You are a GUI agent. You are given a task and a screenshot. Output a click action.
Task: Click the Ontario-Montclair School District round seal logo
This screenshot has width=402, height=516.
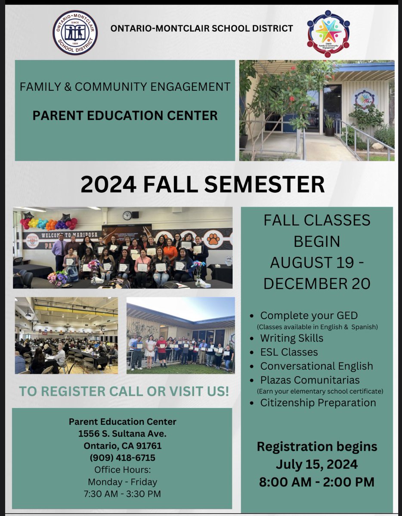[75, 32]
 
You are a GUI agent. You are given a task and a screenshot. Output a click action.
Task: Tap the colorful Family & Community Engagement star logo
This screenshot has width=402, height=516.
[328, 33]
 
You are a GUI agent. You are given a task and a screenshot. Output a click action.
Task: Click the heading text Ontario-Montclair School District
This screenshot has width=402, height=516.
[201, 28]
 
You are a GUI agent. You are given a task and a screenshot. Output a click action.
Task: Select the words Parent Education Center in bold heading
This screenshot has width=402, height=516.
[125, 115]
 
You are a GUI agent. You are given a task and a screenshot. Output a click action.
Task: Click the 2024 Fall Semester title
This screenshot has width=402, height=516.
[202, 184]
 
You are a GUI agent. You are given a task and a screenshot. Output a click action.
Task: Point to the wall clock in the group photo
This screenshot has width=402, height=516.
[127, 215]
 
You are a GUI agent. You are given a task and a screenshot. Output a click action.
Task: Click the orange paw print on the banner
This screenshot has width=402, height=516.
[213, 238]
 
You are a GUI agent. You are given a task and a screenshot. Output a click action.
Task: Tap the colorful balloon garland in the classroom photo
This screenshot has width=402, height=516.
[49, 223]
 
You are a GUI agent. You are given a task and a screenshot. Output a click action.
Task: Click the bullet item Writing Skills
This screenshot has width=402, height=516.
[291, 338]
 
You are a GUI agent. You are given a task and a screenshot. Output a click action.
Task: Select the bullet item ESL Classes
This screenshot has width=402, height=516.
[289, 352]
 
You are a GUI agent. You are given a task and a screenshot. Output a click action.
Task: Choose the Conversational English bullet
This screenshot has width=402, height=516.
[316, 366]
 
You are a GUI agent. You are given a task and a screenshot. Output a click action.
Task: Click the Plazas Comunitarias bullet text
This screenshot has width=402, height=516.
[309, 380]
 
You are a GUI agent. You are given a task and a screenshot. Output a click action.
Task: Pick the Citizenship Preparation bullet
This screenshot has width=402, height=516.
[318, 402]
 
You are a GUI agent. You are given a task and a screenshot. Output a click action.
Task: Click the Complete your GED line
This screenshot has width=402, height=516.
[309, 315]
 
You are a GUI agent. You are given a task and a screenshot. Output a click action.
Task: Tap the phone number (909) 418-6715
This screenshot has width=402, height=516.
[122, 458]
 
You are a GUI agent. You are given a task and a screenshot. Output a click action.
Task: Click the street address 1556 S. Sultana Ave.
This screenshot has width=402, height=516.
[122, 433]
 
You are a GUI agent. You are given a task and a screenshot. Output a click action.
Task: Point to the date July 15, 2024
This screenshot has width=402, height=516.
[316, 464]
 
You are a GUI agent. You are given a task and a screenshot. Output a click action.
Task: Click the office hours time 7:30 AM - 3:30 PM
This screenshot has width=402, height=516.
[122, 494]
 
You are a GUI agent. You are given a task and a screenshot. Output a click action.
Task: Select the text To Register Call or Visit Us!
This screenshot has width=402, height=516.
[123, 392]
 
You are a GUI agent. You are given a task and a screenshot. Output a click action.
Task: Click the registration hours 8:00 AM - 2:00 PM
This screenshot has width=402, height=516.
[316, 482]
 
